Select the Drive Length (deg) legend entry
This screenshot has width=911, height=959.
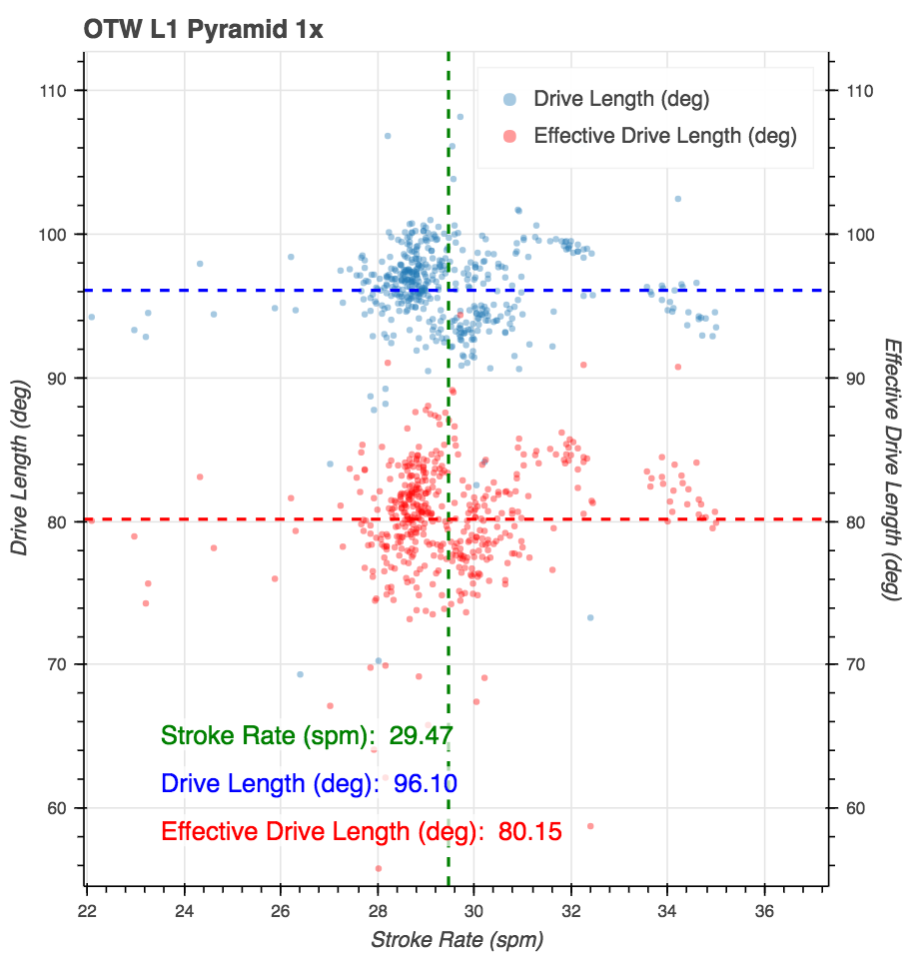click(x=621, y=99)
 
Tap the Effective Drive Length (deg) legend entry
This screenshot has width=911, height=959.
click(x=665, y=136)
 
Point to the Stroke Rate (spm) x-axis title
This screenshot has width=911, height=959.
click(x=457, y=940)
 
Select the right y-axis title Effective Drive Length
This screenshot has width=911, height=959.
click(x=893, y=468)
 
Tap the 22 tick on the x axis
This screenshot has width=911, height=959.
click(x=88, y=912)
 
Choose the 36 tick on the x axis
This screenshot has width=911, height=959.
click(x=765, y=912)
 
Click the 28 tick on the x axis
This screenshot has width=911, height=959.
click(x=378, y=912)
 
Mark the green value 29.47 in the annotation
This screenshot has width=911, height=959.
click(x=422, y=737)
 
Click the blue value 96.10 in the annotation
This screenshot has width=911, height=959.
click(x=426, y=784)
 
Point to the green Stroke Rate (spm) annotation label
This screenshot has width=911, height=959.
click(x=271, y=737)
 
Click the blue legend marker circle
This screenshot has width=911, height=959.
click(x=509, y=99)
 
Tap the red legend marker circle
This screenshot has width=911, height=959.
click(x=509, y=136)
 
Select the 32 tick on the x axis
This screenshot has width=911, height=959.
click(x=571, y=912)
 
